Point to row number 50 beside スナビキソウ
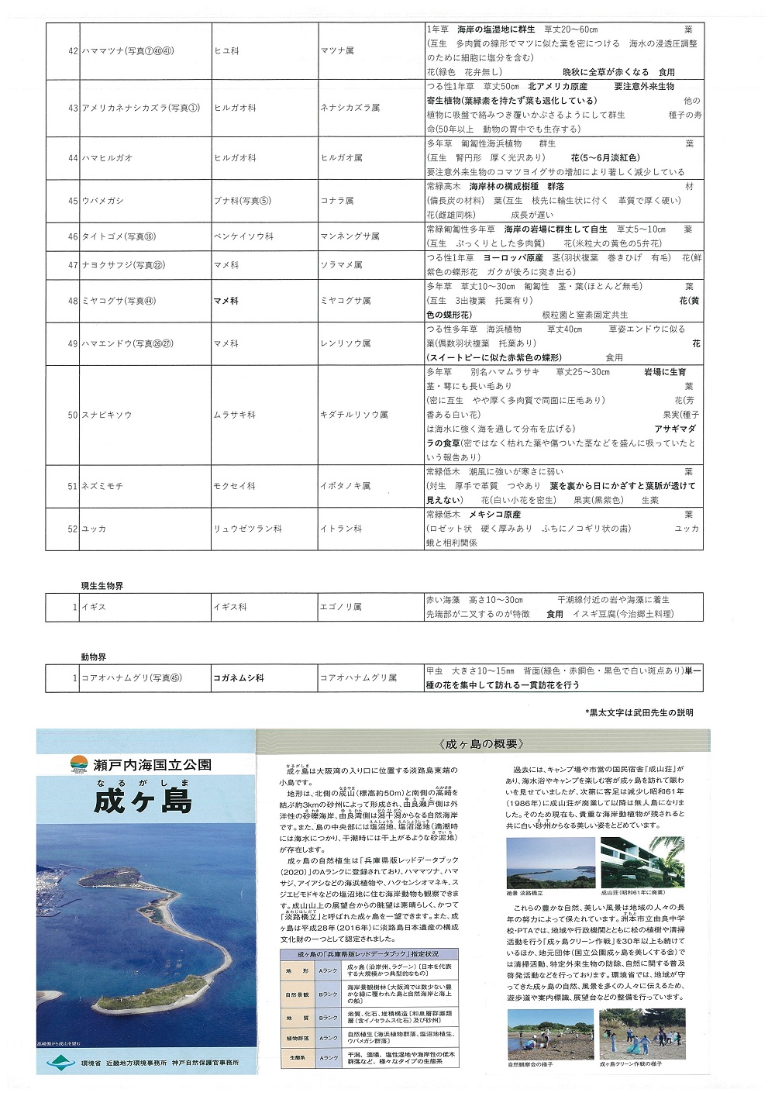click(x=72, y=415)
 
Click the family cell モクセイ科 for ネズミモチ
click(x=234, y=486)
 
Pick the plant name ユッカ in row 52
click(x=95, y=529)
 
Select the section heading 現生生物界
click(x=102, y=586)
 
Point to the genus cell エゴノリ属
click(x=340, y=607)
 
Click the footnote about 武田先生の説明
click(x=639, y=712)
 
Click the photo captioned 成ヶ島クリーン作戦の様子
click(x=639, y=1033)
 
